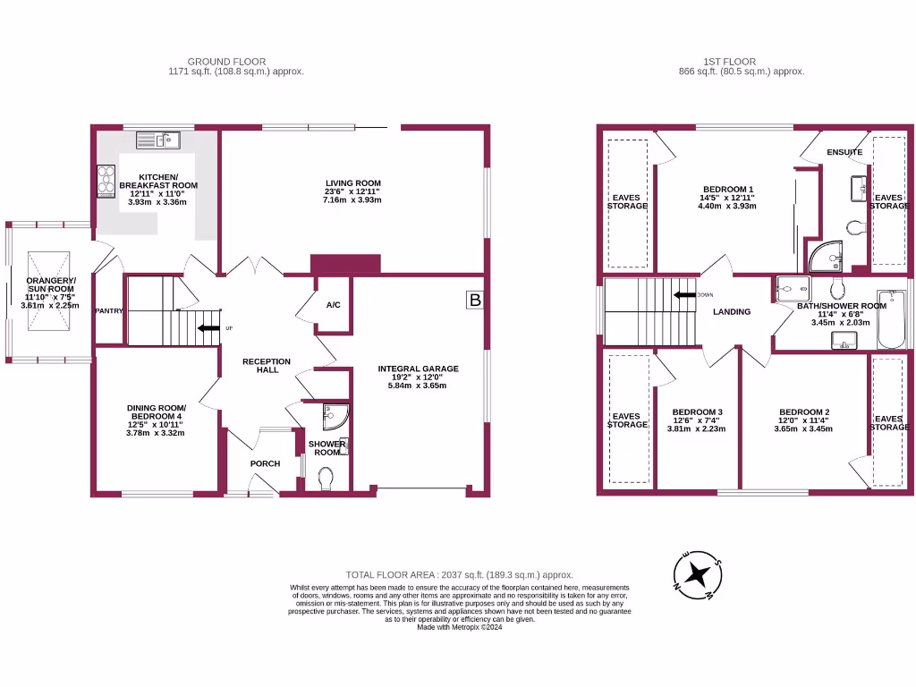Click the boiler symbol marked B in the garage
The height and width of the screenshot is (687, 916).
click(x=475, y=301)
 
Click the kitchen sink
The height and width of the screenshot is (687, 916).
click(x=158, y=140)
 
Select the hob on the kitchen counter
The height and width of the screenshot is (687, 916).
click(x=106, y=181)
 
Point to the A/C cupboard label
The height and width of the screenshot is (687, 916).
click(x=333, y=305)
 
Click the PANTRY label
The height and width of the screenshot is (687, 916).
click(x=109, y=310)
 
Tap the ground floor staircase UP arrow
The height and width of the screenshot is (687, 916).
click(x=208, y=327)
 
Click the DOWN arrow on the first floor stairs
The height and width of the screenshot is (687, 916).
click(x=685, y=294)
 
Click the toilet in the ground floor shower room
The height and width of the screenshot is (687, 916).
click(x=327, y=481)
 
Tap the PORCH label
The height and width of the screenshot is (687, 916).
click(x=265, y=463)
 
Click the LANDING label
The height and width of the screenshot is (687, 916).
click(x=731, y=311)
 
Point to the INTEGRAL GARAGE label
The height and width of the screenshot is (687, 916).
click(x=418, y=369)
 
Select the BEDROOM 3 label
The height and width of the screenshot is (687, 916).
click(x=697, y=412)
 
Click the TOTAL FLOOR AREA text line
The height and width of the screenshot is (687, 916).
click(x=459, y=574)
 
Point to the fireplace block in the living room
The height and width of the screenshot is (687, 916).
click(x=345, y=264)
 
